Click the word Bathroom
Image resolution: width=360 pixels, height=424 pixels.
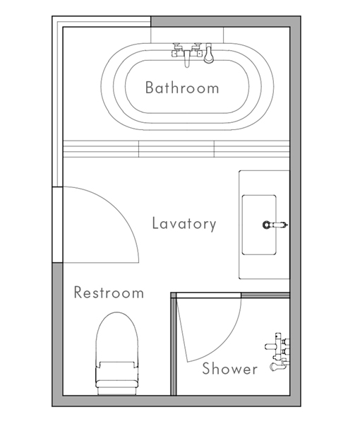pyautogui.click(x=182, y=88)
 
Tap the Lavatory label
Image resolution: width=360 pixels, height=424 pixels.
pyautogui.click(x=184, y=224)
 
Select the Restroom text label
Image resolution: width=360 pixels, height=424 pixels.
pyautogui.click(x=109, y=293)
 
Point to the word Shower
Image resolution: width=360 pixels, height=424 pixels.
pyautogui.click(x=230, y=369)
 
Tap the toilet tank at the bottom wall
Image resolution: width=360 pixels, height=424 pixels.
pyautogui.click(x=117, y=391)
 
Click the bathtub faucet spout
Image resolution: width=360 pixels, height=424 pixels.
pyautogui.click(x=187, y=59)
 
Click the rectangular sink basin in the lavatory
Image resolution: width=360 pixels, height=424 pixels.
pyautogui.click(x=259, y=225)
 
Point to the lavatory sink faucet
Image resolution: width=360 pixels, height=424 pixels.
pyautogui.click(x=275, y=225)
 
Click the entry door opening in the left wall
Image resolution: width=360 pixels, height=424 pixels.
pyautogui.click(x=57, y=225)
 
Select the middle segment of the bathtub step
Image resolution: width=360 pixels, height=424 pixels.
pyautogui.click(x=176, y=148)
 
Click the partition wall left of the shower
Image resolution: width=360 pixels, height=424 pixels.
pyautogui.click(x=174, y=344)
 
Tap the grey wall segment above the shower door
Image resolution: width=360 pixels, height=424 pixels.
pyautogui.click(x=265, y=295)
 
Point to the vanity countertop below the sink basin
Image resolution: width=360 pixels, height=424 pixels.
pyautogui.click(x=264, y=266)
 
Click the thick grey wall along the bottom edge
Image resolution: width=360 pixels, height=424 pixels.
pyautogui.click(x=176, y=401)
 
